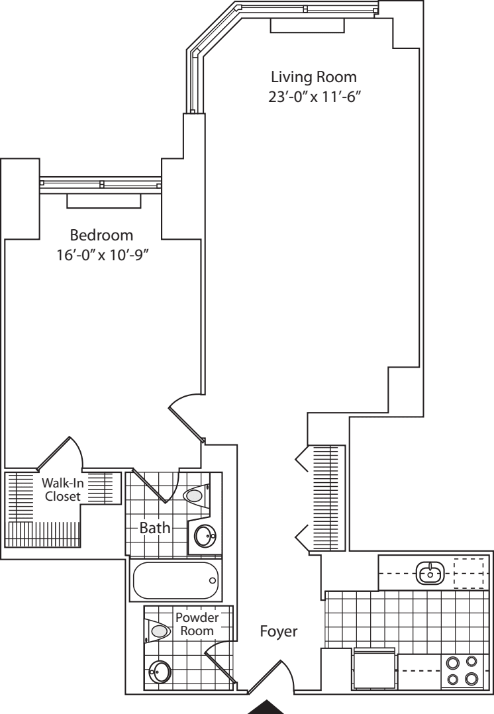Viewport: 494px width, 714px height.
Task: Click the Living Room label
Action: click(x=314, y=77)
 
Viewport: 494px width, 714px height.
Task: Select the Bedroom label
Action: click(x=101, y=235)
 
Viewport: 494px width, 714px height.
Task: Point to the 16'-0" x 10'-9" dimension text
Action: click(x=101, y=255)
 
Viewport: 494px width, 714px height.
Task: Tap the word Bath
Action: click(x=155, y=529)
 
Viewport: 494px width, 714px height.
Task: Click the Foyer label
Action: click(x=279, y=631)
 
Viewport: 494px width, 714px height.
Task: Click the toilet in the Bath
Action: click(x=197, y=494)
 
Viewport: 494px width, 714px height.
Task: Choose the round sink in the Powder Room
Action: click(x=160, y=672)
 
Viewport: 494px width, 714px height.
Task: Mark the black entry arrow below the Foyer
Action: click(x=268, y=707)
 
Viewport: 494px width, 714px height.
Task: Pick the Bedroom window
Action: click(x=101, y=183)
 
